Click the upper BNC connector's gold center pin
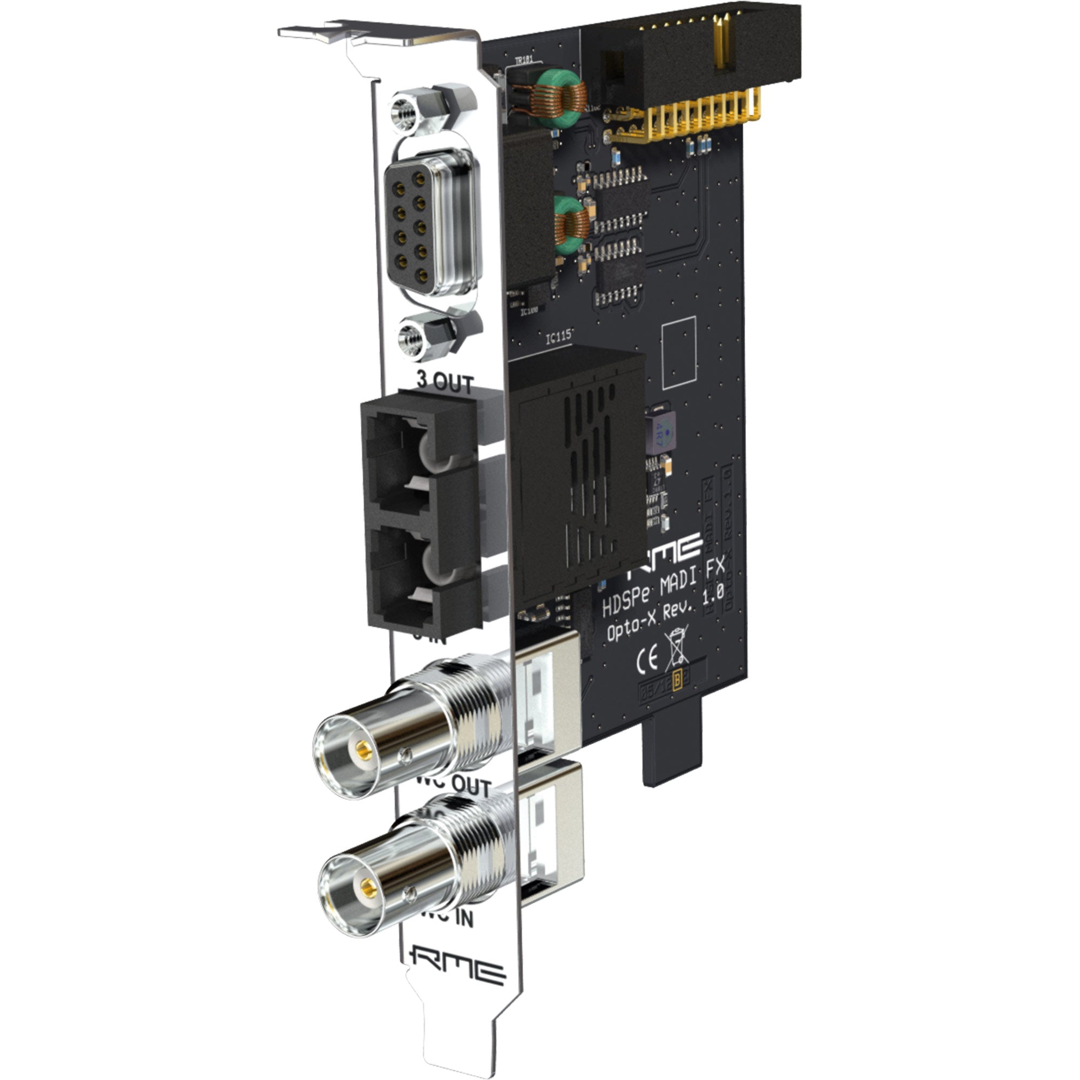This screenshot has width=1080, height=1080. [x=364, y=747]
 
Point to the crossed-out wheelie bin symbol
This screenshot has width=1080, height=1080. [x=677, y=648]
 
